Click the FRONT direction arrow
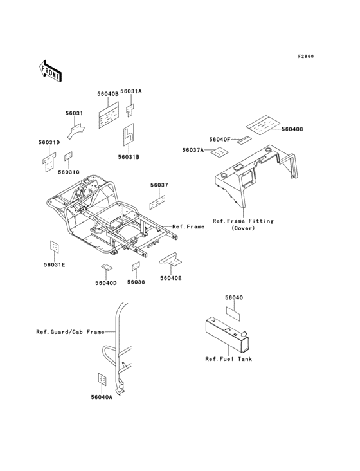click(50, 71)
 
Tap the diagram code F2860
click(306, 56)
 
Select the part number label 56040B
click(108, 94)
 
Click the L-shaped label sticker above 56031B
click(129, 134)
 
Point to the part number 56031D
click(49, 142)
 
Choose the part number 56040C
click(292, 129)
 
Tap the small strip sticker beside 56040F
click(244, 140)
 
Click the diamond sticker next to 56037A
click(220, 152)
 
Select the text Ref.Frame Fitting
click(243, 221)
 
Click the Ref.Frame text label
click(188, 226)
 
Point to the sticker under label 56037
click(157, 203)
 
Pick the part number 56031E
click(55, 264)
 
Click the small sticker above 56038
click(136, 266)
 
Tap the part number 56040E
click(171, 278)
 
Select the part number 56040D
click(106, 283)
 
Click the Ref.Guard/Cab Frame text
click(70, 332)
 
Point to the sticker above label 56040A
click(102, 379)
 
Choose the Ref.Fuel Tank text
click(229, 359)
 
